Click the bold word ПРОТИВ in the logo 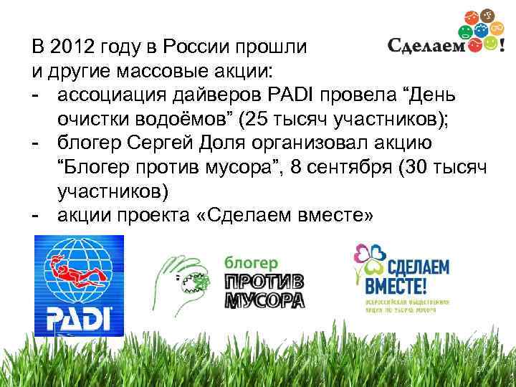click(x=264, y=281)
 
